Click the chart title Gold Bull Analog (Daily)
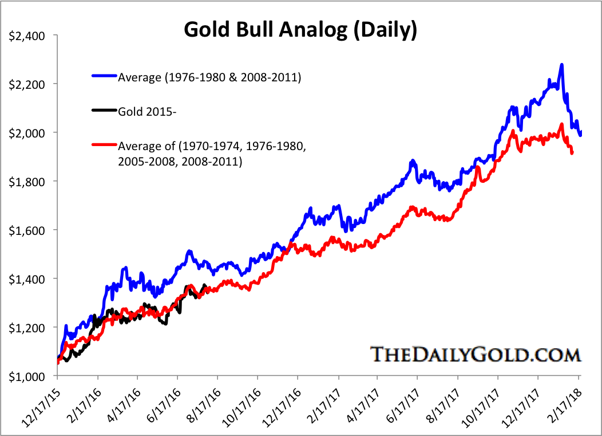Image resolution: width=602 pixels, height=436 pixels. point(300,30)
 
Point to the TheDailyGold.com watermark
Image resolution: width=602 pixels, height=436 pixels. point(475,353)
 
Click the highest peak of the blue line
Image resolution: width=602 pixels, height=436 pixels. point(562,65)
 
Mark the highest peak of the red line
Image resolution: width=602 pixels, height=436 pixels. point(561,124)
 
